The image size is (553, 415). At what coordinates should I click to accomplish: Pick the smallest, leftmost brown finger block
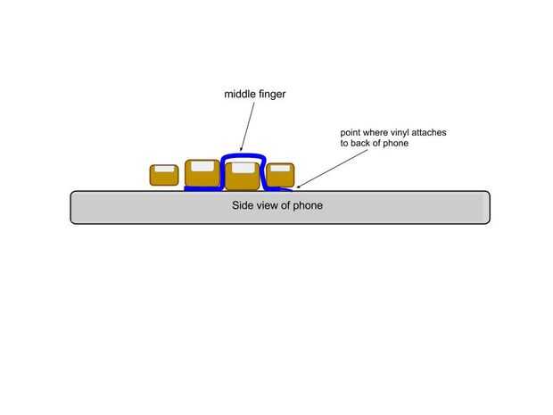click(x=163, y=175)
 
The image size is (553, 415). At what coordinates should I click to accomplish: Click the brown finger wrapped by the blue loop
click(x=242, y=177)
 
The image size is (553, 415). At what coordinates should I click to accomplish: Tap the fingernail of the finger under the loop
click(x=243, y=168)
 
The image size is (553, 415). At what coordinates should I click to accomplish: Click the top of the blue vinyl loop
click(x=243, y=157)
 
